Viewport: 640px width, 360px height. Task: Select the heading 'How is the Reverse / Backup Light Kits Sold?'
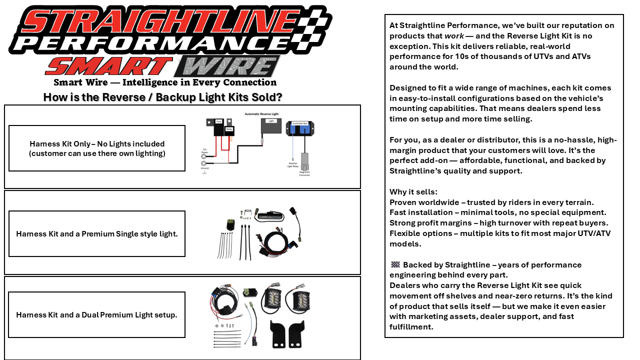(162, 97)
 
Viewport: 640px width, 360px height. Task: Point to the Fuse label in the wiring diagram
(218, 121)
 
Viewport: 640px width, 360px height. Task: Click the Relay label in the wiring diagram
(229, 128)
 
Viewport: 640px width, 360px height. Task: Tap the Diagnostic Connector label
(304, 173)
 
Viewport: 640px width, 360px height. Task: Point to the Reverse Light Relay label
(292, 164)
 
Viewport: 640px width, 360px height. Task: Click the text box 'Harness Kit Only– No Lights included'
(97, 148)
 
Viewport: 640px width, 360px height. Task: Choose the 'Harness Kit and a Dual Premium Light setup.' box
(97, 315)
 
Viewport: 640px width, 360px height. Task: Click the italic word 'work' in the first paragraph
(453, 36)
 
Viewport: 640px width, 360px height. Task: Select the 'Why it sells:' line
(413, 192)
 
